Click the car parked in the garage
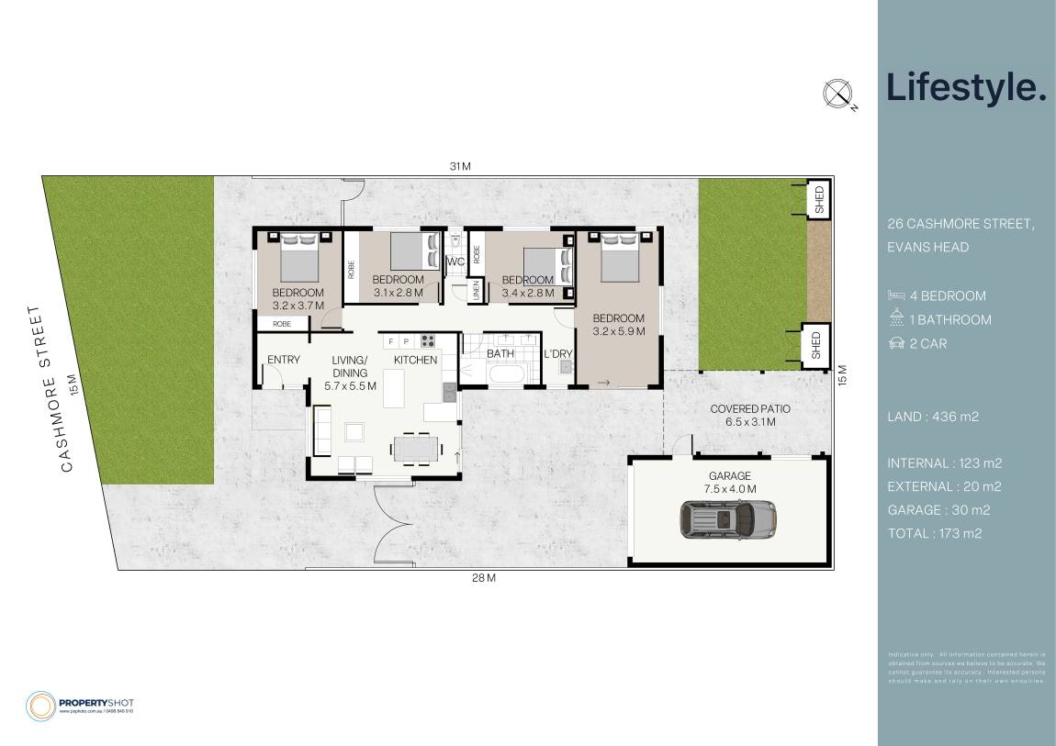tap(728, 519)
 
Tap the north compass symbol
tap(837, 94)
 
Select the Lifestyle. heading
tap(966, 88)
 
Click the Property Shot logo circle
tap(40, 706)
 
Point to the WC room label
tap(455, 262)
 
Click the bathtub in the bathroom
tap(505, 374)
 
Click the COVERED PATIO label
tap(750, 408)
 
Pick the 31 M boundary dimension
tap(460, 166)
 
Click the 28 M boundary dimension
tap(484, 578)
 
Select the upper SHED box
tap(818, 200)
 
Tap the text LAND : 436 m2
tap(933, 417)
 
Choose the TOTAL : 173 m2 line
tap(935, 533)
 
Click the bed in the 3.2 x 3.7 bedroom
tap(298, 259)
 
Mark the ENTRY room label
tap(284, 360)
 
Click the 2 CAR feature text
tap(927, 344)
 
